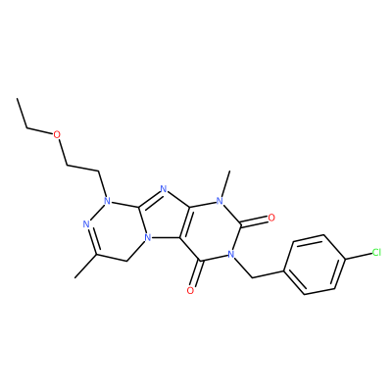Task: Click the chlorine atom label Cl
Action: (376, 252)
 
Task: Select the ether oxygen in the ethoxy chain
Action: (57, 134)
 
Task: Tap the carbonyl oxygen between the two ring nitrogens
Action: (270, 218)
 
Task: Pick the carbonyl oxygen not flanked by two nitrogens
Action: (191, 290)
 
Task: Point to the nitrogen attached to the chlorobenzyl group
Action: (231, 254)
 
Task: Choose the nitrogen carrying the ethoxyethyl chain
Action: (107, 199)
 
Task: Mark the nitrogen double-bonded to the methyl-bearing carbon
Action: (86, 224)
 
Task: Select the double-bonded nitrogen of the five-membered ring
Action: (164, 188)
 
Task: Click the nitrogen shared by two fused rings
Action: (148, 236)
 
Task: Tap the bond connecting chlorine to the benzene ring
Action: (359, 256)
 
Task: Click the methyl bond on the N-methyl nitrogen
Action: (225, 183)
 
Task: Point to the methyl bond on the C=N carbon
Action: (85, 266)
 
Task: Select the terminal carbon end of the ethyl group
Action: (17, 98)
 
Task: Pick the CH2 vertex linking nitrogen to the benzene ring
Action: (253, 278)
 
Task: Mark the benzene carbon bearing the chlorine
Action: (345, 260)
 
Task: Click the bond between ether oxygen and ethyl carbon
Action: (40, 131)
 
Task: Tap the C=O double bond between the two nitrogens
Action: (254, 222)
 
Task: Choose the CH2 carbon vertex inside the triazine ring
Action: (125, 261)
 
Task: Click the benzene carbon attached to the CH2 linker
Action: (283, 270)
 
